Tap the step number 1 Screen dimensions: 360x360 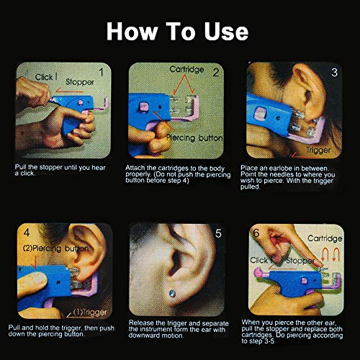click(102, 72)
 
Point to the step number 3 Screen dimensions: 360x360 click(333, 72)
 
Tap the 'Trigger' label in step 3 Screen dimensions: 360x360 click(319, 150)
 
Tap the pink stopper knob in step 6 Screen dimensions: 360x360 click(253, 276)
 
